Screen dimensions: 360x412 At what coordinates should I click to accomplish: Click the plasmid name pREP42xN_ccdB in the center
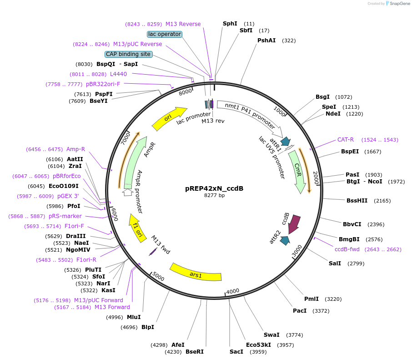[214, 188]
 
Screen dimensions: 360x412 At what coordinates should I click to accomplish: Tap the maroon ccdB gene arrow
[294, 223]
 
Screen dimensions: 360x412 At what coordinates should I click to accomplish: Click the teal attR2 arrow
[285, 240]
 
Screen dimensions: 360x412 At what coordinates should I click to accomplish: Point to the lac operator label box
[165, 34]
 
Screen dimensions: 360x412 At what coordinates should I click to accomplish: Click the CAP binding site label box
[128, 54]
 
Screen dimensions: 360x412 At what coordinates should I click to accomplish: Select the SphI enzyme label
[230, 24]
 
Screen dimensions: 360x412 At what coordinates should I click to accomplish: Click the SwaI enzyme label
[271, 335]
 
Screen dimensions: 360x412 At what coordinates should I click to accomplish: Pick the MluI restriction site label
[134, 317]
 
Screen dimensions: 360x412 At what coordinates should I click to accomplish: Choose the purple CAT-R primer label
[346, 140]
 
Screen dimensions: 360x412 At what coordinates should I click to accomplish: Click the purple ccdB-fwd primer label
[347, 249]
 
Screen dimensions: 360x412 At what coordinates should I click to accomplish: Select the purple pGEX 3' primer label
[68, 196]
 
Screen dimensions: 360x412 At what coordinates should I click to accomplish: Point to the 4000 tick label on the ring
[232, 291]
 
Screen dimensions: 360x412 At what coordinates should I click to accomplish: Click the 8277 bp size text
[214, 195]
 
